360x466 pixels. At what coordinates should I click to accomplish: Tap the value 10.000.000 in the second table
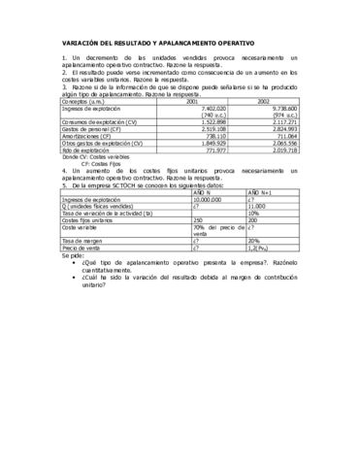[x=213, y=199]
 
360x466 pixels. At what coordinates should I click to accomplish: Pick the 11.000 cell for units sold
[x=257, y=206]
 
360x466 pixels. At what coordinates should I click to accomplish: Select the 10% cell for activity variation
[x=253, y=213]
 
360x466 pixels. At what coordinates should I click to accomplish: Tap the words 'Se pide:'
[x=73, y=254]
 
